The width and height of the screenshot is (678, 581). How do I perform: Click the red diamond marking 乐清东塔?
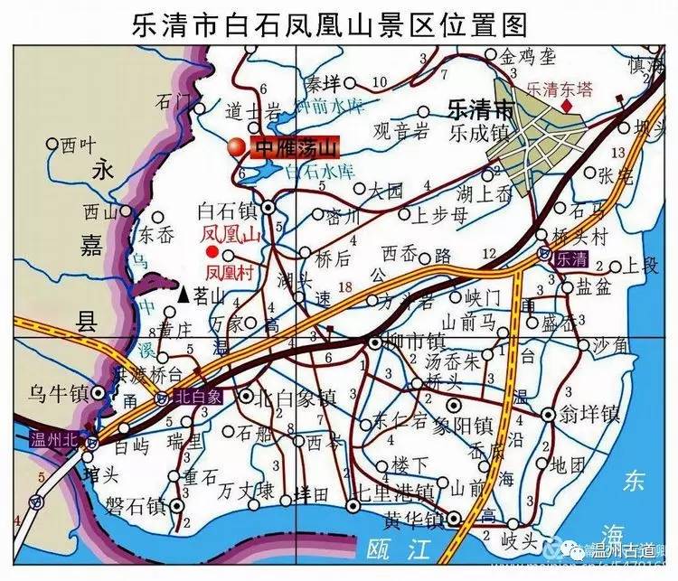567,107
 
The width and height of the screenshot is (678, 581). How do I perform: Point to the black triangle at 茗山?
184,294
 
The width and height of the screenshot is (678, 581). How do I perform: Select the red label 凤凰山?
230,235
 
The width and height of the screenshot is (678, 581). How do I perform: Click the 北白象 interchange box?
190,396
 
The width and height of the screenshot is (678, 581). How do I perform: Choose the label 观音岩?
400,132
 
